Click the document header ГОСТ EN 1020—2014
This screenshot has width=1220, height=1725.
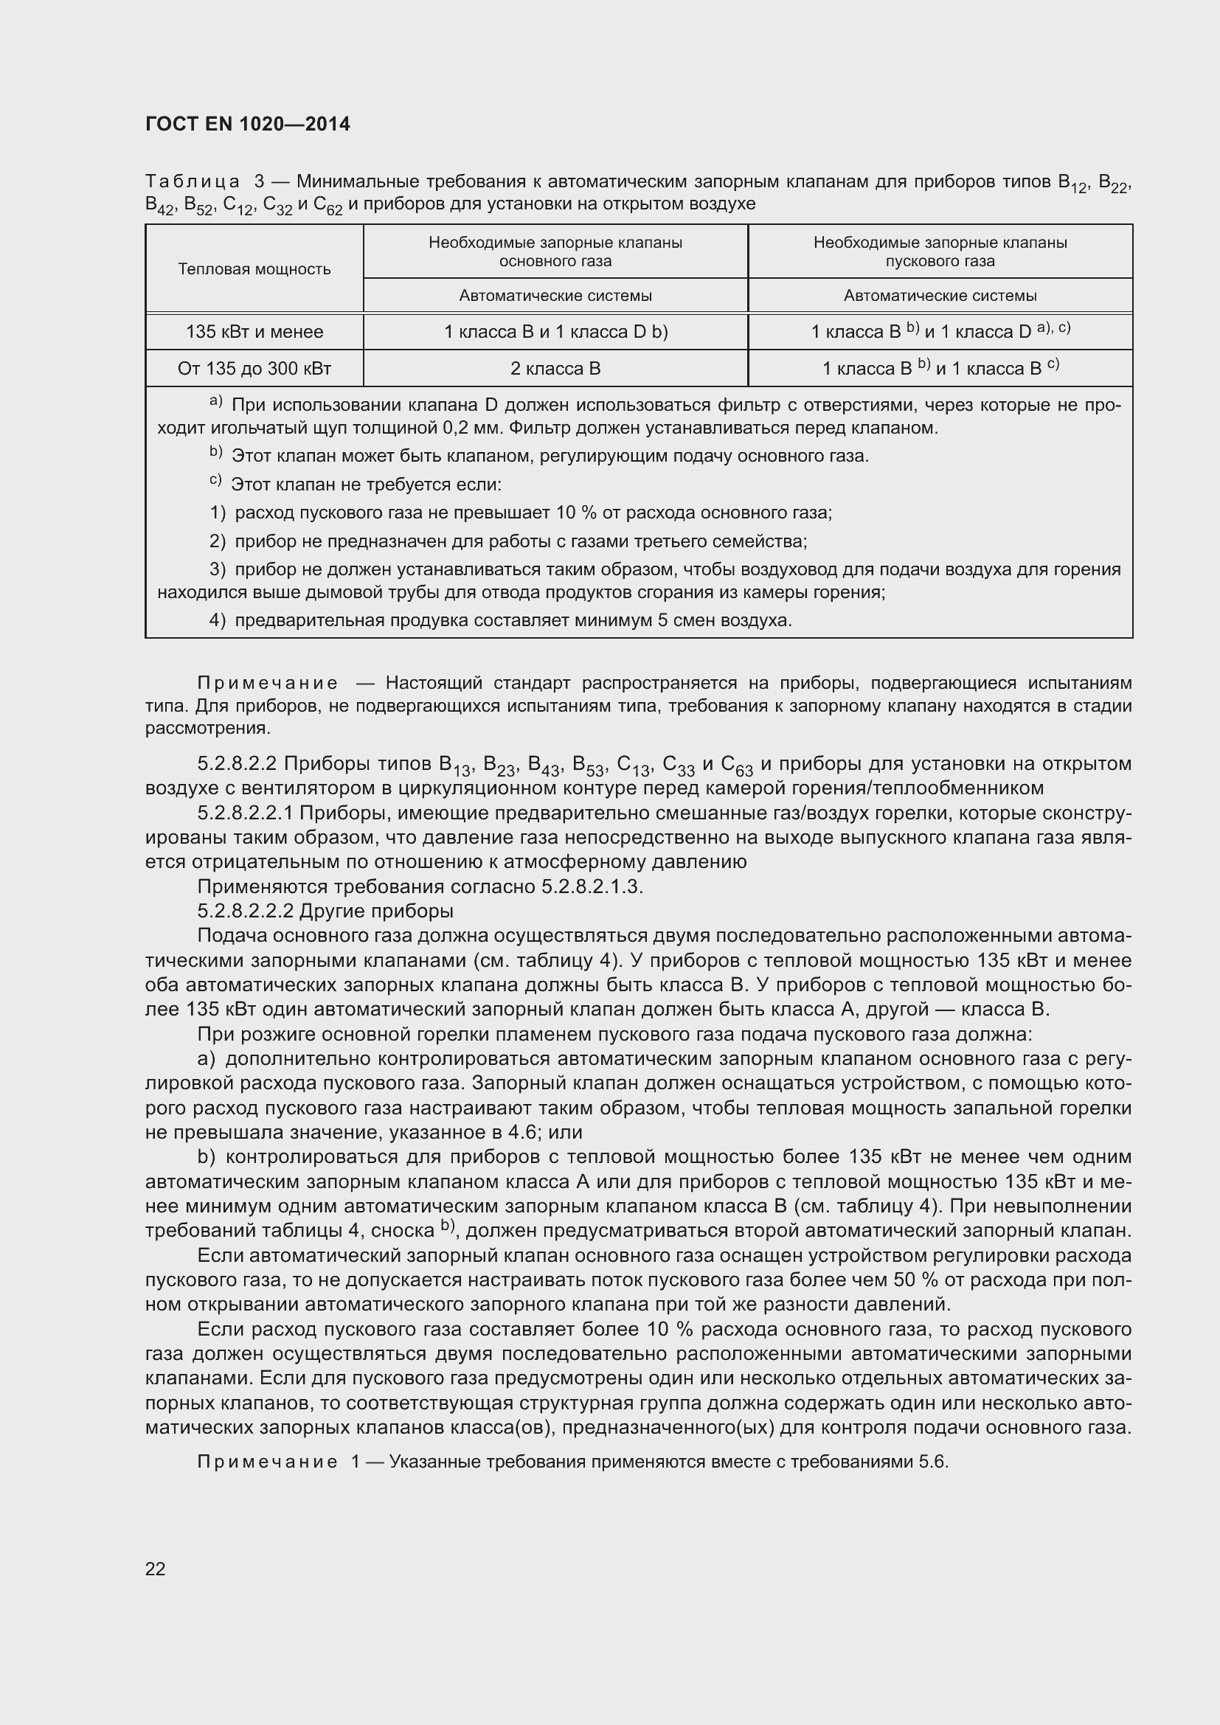247,125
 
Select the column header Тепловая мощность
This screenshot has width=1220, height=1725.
254,269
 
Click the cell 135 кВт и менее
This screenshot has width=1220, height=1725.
254,332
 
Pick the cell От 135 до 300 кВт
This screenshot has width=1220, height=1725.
254,369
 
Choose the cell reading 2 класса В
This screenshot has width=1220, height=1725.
555,369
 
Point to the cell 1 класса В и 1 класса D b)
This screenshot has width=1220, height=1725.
555,332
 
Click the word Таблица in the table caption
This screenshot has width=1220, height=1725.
193,182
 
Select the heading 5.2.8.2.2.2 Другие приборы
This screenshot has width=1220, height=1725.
325,912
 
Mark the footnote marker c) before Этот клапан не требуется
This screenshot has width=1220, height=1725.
215,482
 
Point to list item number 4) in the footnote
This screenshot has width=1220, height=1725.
217,620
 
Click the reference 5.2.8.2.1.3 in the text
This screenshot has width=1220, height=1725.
592,886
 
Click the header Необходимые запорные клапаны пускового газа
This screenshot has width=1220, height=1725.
940,251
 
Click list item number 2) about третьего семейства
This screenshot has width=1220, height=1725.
217,541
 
